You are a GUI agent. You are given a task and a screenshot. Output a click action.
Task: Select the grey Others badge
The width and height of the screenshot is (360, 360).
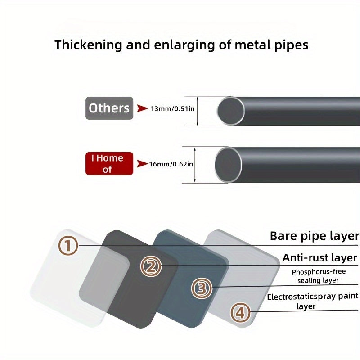(x=109, y=108)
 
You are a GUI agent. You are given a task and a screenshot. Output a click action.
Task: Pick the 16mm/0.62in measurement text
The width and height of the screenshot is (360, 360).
(x=171, y=164)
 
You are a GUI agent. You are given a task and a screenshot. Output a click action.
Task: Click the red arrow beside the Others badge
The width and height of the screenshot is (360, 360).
(x=143, y=108)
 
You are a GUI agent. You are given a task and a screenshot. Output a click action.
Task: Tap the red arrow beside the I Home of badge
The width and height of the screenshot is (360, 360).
(x=143, y=164)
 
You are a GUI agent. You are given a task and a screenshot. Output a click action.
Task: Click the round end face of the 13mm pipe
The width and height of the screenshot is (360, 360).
(x=231, y=111)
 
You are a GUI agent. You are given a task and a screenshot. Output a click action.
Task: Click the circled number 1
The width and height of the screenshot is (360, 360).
(x=68, y=246)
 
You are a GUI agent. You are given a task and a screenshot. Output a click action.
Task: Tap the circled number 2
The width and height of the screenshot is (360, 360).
(x=151, y=266)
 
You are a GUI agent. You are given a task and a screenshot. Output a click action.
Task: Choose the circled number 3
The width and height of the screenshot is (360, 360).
(x=202, y=288)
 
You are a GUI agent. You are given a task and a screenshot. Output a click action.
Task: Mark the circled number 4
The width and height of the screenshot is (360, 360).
(x=240, y=312)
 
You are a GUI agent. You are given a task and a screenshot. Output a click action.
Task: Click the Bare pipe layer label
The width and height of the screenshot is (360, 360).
(x=314, y=236)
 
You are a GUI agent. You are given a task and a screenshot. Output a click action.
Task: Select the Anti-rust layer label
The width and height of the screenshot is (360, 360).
(x=319, y=258)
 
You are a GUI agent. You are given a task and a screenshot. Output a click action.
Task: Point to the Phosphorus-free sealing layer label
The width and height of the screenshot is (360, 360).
(x=319, y=276)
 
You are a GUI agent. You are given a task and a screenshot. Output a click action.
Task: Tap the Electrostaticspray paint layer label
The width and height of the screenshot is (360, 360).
(x=312, y=301)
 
